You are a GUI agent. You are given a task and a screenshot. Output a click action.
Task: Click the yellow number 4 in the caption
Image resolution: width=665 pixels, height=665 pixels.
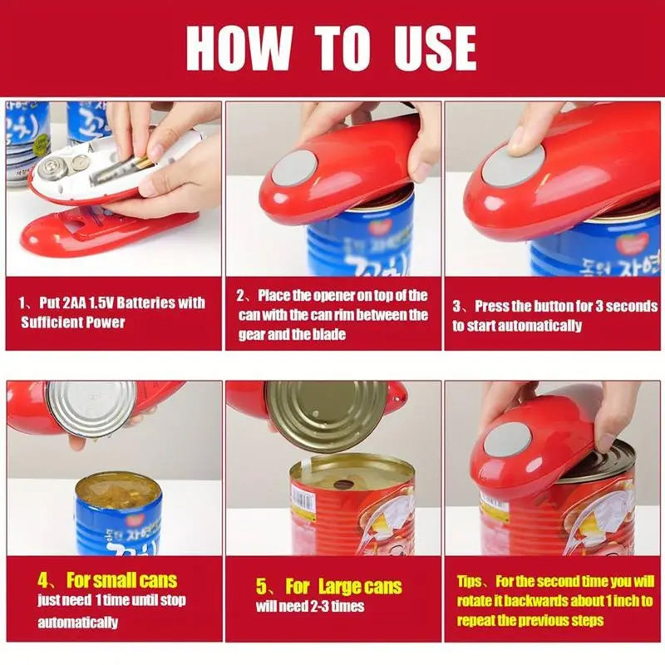click(x=46, y=579)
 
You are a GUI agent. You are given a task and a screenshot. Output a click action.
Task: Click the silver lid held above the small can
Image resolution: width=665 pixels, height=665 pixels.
click(x=91, y=408)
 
